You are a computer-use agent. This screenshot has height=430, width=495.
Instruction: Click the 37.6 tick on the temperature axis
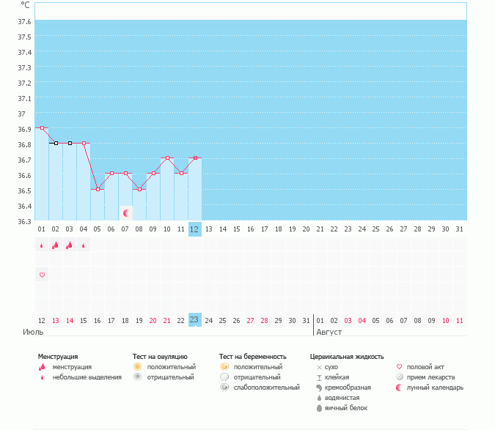(x=24, y=21)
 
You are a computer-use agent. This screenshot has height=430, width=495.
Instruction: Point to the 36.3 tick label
(x=24, y=221)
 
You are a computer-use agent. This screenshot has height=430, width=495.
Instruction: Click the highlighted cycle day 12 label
(x=194, y=229)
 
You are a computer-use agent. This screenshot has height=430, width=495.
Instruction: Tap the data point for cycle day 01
(x=42, y=128)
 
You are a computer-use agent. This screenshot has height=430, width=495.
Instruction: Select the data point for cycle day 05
(x=98, y=189)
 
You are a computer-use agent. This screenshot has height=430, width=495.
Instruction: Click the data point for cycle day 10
(x=167, y=158)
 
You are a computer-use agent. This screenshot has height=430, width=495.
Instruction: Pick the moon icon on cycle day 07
(x=126, y=213)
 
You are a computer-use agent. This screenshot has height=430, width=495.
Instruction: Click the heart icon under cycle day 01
(x=42, y=275)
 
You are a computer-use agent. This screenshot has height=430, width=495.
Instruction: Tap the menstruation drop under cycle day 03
(x=69, y=245)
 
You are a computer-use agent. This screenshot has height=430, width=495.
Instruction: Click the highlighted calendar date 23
(x=194, y=320)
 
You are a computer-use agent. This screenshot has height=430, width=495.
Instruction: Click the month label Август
(x=329, y=333)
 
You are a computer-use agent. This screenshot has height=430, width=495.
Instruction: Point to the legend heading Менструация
(x=58, y=357)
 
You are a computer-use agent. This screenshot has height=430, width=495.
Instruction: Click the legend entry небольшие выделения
(x=87, y=377)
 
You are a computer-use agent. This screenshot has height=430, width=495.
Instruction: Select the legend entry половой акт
(x=425, y=367)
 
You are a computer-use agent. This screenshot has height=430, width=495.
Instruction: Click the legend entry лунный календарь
(x=435, y=388)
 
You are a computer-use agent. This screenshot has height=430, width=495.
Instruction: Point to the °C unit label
(x=25, y=5)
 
